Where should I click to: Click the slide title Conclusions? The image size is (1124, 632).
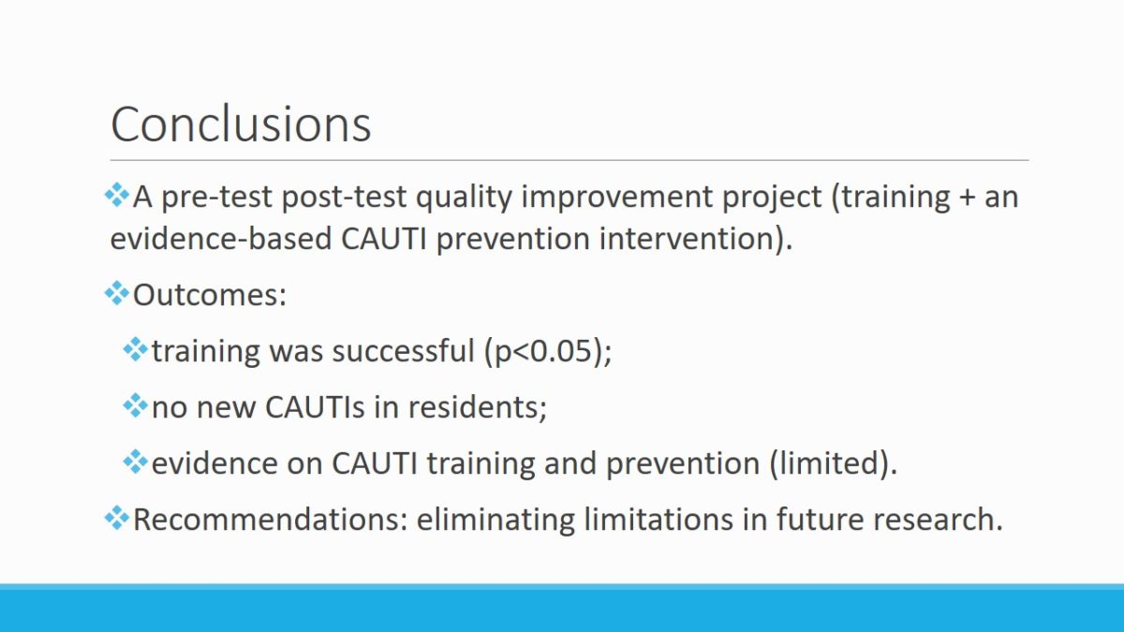point(241,124)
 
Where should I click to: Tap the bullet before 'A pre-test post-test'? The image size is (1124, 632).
point(117,195)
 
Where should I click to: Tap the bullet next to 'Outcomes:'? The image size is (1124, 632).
point(117,293)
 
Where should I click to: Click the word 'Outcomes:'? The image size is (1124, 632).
point(210,295)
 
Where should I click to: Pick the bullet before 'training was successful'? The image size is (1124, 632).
point(136,349)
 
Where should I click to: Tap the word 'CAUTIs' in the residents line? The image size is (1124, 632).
point(315,406)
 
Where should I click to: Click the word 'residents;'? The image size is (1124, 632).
point(477,406)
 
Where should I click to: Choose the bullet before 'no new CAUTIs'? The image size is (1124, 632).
point(136,405)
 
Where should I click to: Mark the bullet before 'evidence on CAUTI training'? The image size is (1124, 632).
point(136,462)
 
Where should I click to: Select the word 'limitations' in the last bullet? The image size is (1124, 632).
point(658,519)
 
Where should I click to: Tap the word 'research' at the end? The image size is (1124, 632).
point(933,519)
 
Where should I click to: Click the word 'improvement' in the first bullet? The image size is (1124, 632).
point(616,198)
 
